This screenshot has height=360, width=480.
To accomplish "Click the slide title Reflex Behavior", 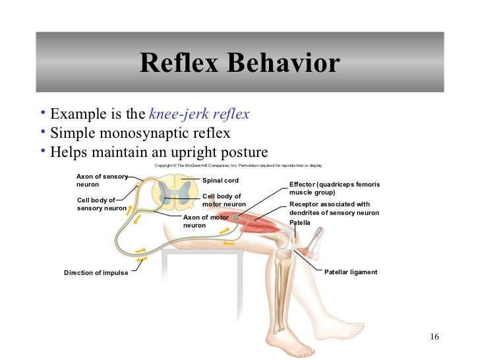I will click(x=239, y=63).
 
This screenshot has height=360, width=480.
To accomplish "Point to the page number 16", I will click(x=434, y=338).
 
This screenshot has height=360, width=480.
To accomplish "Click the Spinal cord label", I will click(x=220, y=180).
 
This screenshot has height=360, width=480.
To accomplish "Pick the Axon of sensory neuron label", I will click(x=101, y=181).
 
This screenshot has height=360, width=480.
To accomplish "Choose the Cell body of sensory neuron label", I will click(x=102, y=204).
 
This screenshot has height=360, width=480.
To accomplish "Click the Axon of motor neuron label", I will click(x=205, y=221).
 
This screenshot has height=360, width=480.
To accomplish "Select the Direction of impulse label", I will click(x=96, y=272).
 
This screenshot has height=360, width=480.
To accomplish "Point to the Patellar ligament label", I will click(x=351, y=272).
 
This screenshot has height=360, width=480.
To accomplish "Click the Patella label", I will click(x=299, y=222).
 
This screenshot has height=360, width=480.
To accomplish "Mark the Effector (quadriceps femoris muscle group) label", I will click(x=334, y=188).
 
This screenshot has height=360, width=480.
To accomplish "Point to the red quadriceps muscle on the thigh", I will click(x=254, y=224).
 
